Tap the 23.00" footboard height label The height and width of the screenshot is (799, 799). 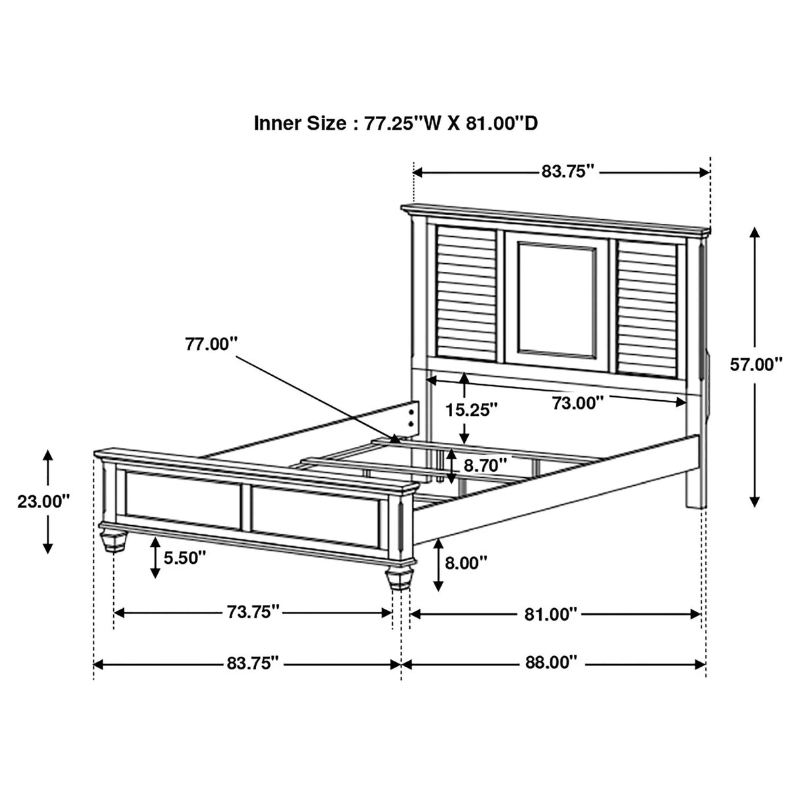(x=43, y=501)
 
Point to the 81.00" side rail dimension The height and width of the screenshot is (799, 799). (x=551, y=614)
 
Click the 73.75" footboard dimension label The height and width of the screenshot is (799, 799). (x=253, y=612)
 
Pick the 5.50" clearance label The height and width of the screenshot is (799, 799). (x=185, y=558)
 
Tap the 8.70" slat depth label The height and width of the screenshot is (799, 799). (x=485, y=465)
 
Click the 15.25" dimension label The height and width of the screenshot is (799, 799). (x=471, y=410)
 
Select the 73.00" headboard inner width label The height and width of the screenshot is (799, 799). (x=577, y=403)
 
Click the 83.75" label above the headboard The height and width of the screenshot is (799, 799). (x=567, y=172)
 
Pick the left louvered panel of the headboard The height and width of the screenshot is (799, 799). (x=465, y=293)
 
